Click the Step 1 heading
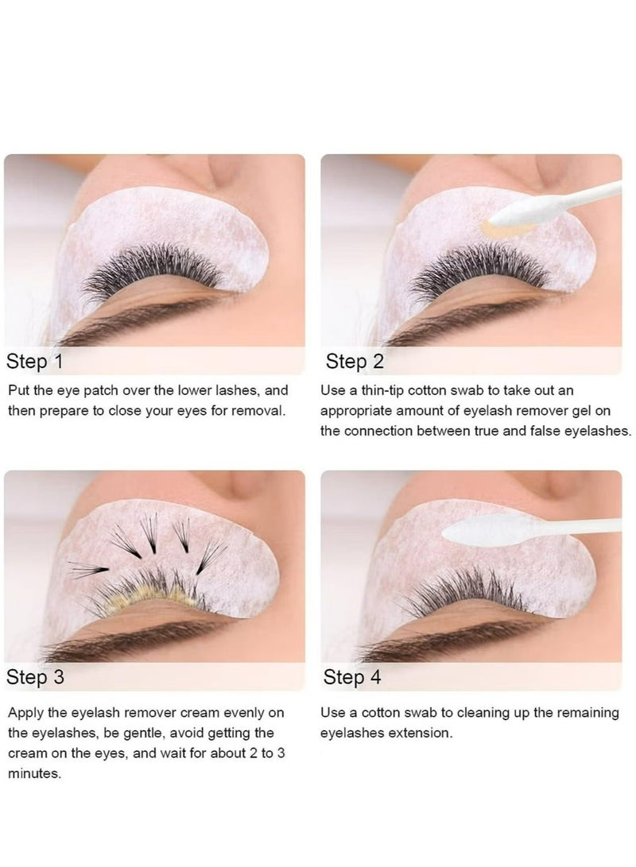tap(34, 362)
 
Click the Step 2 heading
tap(355, 362)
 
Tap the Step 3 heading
tap(35, 677)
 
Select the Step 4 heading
tap(352, 677)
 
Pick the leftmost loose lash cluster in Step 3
tap(88, 570)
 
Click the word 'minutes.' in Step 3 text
tap(34, 773)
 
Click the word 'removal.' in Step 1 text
tap(258, 411)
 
